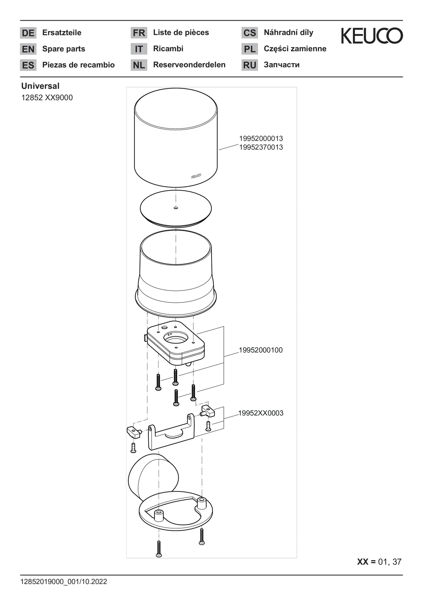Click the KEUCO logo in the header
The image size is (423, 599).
372,36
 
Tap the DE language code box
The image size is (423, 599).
28,33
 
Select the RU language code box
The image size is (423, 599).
249,65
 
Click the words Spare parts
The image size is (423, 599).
64,49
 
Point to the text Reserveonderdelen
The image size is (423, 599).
189,65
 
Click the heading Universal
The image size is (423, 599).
40,86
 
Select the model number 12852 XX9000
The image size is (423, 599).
47,98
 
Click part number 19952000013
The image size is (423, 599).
261,138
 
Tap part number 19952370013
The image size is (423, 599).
261,147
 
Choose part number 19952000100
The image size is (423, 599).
261,350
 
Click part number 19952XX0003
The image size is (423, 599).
261,413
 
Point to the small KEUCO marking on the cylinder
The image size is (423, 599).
196,176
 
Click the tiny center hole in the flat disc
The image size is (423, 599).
176,208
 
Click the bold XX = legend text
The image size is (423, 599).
366,562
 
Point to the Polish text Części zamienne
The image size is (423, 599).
295,49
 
